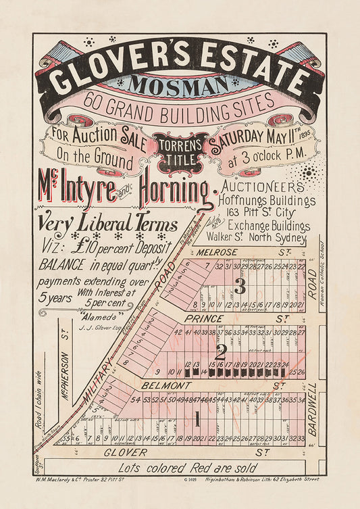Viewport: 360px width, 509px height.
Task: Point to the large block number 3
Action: pos(238,287)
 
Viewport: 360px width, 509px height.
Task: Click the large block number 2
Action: pos(220,352)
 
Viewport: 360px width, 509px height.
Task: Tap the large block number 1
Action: pos(198,418)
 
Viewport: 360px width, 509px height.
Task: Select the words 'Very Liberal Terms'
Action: pos(107,224)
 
